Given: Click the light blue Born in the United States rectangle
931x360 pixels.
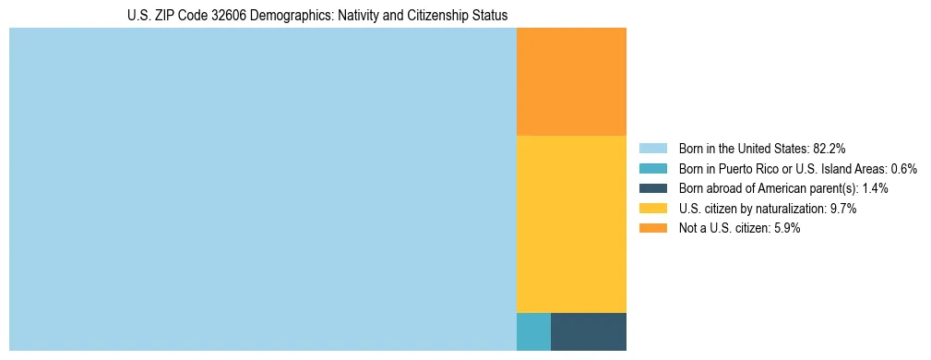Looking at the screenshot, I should pos(262,189).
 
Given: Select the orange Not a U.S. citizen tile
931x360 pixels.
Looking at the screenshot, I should pos(571,81).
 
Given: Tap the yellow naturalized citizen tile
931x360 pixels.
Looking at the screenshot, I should pos(571,224).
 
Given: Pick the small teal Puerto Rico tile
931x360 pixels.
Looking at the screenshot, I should pos(533,332).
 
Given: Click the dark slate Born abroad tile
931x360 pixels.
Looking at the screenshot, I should pos(589,332).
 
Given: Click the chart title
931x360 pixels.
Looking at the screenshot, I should pos(317,16).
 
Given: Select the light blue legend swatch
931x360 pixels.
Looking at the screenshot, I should pos(652,148).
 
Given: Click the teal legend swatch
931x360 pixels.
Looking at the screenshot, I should pos(652,168).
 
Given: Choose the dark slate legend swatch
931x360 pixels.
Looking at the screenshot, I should pos(652,188).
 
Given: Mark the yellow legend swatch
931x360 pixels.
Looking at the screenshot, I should pos(652,209).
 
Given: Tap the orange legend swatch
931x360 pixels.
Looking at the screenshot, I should pos(652,229).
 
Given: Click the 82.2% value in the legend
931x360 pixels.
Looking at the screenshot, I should pos(830,148).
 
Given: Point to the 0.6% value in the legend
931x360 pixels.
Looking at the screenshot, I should pos(903,168).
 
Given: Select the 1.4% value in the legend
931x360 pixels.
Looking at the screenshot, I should pos(875,188).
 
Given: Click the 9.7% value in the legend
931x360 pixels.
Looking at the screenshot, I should pos(843,209).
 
